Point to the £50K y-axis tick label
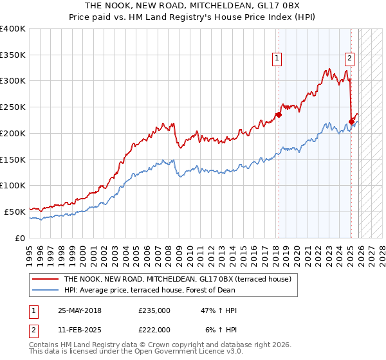click(15, 212)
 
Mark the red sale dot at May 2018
click(279, 115)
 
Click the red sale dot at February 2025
click(351, 122)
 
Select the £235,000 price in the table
click(154, 310)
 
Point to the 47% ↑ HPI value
click(219, 310)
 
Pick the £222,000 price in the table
click(154, 330)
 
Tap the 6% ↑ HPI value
click(221, 330)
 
